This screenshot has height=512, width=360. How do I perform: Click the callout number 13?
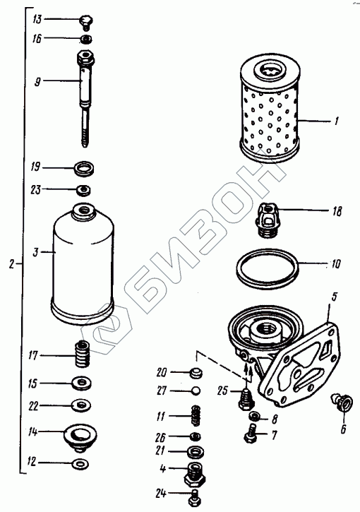click(x=37, y=19)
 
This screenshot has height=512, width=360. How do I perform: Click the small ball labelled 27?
click(x=196, y=391)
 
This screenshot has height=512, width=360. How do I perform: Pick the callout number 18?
click(x=337, y=212)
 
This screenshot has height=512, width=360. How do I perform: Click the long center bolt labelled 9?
click(x=85, y=98)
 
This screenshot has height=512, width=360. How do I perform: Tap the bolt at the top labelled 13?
click(x=86, y=23)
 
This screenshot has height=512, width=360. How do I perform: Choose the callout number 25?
click(x=222, y=391)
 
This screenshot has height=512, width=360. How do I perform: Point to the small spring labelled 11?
click(x=196, y=416)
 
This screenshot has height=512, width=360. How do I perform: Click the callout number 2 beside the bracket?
click(x=12, y=264)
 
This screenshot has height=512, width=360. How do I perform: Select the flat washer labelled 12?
click(x=80, y=464)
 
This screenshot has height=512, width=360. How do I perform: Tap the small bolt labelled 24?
click(x=195, y=497)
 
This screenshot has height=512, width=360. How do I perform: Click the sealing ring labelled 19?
click(x=84, y=169)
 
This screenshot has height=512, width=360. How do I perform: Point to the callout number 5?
click(x=334, y=297)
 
